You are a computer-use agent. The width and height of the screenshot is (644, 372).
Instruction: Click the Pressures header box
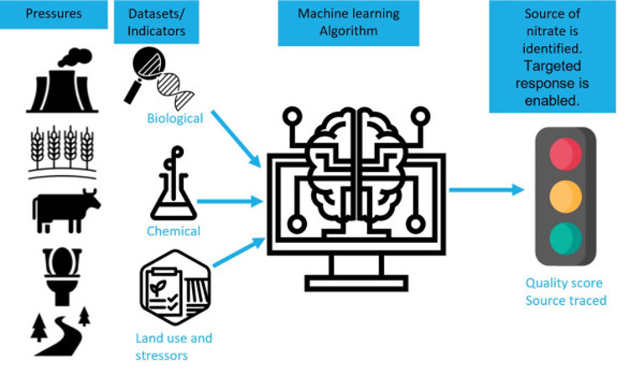point(53,14)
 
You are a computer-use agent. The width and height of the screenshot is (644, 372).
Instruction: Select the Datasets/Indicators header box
point(158,23)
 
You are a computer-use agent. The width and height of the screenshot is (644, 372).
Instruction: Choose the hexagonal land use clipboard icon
point(174,289)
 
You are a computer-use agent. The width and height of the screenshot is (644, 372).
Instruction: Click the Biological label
point(174,119)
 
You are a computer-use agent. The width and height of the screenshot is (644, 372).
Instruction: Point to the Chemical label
point(174,231)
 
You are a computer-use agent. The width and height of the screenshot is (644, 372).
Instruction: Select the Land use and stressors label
point(174,347)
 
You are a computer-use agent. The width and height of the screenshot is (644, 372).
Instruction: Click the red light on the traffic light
point(565,154)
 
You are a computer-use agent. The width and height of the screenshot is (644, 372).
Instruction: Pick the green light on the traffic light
point(565,238)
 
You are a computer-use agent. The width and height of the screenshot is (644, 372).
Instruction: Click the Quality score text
point(563,283)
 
